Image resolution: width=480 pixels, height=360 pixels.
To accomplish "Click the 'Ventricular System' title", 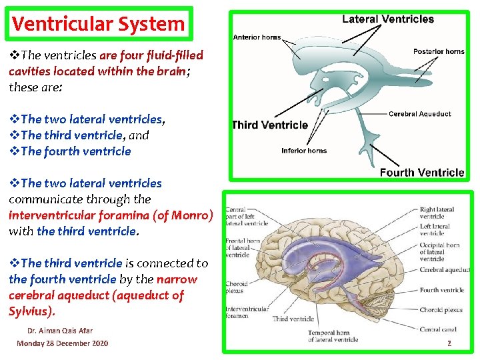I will [98, 24].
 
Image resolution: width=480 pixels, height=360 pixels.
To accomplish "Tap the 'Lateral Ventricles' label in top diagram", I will [387, 19].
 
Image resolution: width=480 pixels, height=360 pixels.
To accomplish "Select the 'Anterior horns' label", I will [257, 37].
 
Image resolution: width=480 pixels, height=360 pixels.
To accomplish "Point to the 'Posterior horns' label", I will [438, 52].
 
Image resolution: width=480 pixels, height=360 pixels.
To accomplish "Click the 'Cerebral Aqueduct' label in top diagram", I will [419, 114].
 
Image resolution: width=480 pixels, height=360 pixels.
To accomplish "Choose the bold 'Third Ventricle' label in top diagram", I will [269, 125].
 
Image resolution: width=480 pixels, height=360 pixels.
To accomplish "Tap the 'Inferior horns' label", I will [304, 151].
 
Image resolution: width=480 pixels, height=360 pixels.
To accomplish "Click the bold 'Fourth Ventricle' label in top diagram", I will [421, 173].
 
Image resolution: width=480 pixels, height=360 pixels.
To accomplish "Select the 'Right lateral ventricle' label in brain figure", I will [437, 213].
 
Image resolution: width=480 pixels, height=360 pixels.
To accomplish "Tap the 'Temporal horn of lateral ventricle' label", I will [333, 336].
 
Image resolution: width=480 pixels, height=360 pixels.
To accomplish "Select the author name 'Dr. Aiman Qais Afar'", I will [60, 331].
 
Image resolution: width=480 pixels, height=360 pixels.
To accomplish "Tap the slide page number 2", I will [449, 343].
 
